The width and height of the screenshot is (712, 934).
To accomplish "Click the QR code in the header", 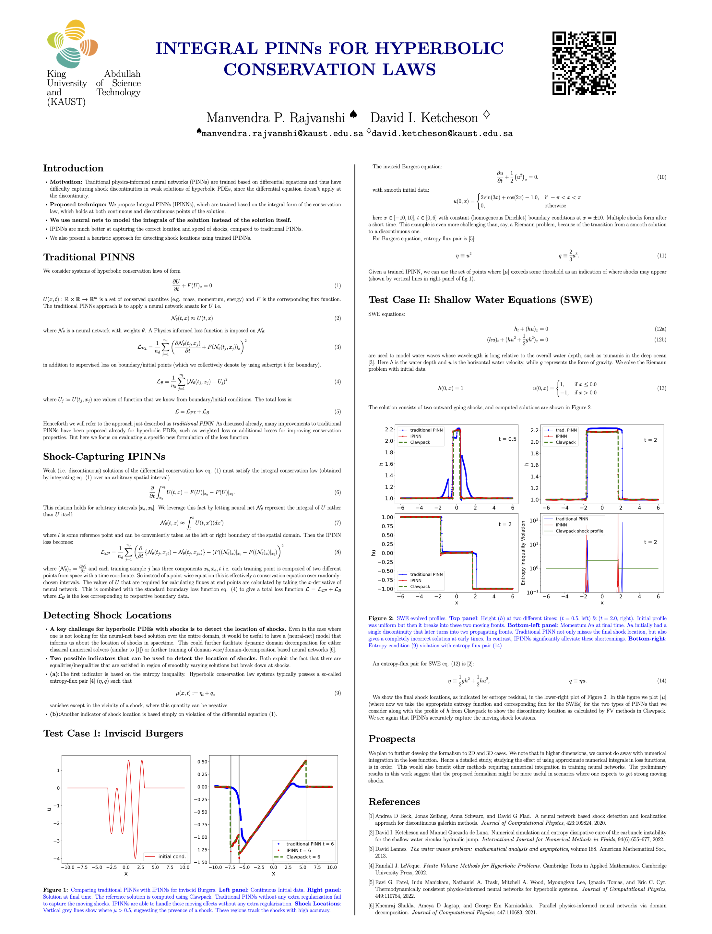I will click(584, 63).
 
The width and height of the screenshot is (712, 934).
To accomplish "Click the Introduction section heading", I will click(73, 168).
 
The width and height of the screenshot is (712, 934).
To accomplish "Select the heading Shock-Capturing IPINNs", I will click(104, 456).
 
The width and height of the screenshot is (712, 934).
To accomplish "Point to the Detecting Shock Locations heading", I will click(107, 615).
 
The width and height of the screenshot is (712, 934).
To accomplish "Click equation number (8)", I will click(337, 552).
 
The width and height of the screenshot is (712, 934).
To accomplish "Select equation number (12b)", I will click(660, 340).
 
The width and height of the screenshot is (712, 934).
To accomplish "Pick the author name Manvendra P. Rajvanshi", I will click(276, 117).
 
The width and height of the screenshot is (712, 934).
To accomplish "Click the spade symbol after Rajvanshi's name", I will click(353, 114).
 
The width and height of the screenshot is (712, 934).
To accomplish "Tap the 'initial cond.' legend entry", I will click(172, 856).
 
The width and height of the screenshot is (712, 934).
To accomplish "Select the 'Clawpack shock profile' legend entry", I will click(579, 531).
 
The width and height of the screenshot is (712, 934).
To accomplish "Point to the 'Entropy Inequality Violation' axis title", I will click(523, 553).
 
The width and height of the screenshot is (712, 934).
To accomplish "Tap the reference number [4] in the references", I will click(371, 866).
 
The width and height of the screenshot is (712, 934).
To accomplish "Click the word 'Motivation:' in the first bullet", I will click(66, 182).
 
